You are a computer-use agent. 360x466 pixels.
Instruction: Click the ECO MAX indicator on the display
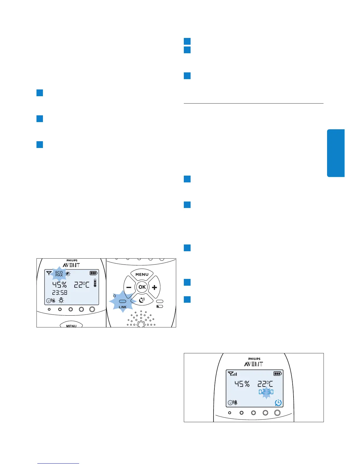coord(59,274)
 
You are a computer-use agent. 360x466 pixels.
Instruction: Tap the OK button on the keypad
coord(142,287)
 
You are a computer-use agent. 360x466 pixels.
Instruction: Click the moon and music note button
coord(142,300)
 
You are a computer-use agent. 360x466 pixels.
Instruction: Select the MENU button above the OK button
coord(142,274)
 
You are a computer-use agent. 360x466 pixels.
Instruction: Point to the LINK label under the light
coord(123,307)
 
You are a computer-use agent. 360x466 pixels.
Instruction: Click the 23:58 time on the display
coord(60,292)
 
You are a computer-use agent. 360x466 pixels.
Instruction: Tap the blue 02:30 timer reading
coord(266,392)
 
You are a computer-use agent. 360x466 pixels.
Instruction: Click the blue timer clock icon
coord(278,402)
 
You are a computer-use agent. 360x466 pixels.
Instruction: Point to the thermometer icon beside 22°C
coord(95,283)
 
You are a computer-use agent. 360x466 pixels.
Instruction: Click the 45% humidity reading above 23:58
coord(59,284)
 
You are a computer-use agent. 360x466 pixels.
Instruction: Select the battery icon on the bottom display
coord(277,374)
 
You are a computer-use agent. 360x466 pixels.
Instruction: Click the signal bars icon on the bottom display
coord(232,374)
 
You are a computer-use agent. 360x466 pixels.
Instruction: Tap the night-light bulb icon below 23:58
coord(61,300)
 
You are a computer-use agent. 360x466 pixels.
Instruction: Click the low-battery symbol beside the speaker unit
coord(160,307)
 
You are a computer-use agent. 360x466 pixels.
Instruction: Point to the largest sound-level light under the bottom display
coord(277,413)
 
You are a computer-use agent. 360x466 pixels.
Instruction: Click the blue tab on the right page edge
coord(336,153)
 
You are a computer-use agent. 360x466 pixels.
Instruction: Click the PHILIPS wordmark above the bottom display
coord(254,359)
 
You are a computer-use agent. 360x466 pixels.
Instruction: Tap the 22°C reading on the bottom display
coord(265,384)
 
